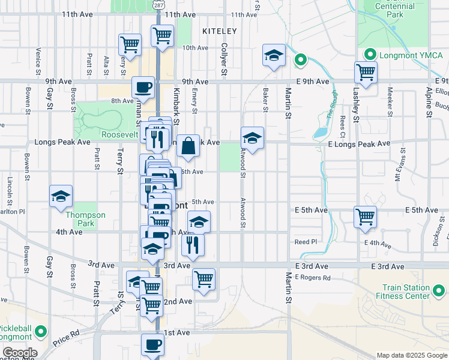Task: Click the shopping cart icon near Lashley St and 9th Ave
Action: coord(366,72)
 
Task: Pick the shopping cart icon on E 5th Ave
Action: coord(365,216)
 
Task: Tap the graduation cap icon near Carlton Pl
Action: coord(61,196)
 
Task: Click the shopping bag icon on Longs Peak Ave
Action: coord(188,145)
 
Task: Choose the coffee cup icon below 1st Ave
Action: coord(152,344)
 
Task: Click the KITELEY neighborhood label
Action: coord(220,31)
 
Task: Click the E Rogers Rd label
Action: coord(312,277)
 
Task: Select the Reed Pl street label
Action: coord(305,242)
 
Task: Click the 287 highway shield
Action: coord(158,4)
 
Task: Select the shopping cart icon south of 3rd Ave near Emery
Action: coord(204,278)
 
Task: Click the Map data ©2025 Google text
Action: coord(411,355)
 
